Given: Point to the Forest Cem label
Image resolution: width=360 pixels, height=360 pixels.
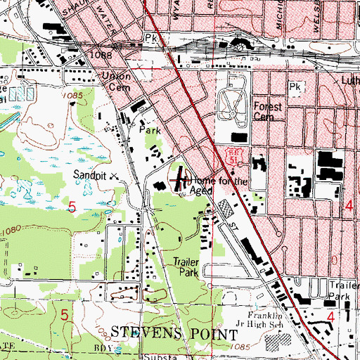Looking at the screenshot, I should click(x=267, y=112).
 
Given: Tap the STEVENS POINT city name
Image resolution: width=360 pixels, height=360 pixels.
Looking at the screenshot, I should click(x=176, y=332).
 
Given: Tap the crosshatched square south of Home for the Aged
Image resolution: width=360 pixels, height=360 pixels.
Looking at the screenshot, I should click(x=224, y=207).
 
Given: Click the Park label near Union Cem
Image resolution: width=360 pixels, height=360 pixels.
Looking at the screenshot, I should click(x=145, y=131).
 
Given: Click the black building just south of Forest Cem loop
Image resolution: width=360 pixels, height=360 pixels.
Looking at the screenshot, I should click(x=240, y=137).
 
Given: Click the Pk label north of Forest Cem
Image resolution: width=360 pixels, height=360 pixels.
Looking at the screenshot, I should click(x=295, y=87).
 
